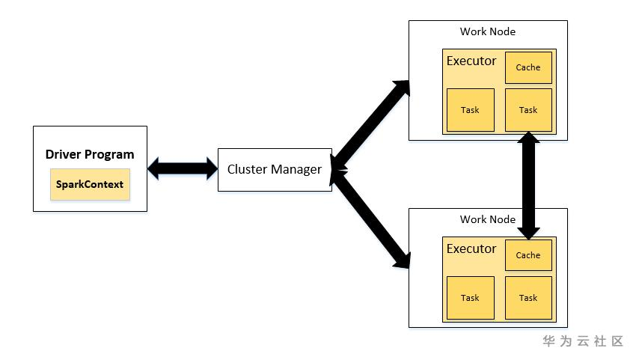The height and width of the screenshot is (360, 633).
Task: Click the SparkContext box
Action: tap(90, 184)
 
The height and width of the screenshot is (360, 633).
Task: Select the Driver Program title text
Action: tap(90, 155)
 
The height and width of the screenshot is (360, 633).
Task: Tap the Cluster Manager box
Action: tap(275, 169)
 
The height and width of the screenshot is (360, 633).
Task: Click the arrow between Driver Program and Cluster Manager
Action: tap(182, 169)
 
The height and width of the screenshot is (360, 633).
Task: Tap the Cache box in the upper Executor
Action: tap(528, 67)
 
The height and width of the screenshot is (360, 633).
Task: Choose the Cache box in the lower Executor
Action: tap(528, 255)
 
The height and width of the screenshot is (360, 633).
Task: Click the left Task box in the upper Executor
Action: tap(470, 110)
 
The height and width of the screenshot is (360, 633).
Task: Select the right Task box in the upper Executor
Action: tap(528, 110)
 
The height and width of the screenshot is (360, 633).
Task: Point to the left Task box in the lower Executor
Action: tap(470, 298)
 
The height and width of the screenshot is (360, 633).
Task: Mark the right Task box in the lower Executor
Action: tap(528, 298)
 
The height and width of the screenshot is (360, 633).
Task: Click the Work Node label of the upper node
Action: tap(488, 31)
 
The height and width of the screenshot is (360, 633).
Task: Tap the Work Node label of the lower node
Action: tap(488, 219)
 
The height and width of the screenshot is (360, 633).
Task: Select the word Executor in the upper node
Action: tap(471, 61)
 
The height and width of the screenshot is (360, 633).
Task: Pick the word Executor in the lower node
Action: tap(471, 248)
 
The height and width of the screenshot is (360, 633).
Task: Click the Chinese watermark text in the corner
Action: tap(583, 341)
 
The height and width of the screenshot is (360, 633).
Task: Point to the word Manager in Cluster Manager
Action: tap(296, 169)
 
